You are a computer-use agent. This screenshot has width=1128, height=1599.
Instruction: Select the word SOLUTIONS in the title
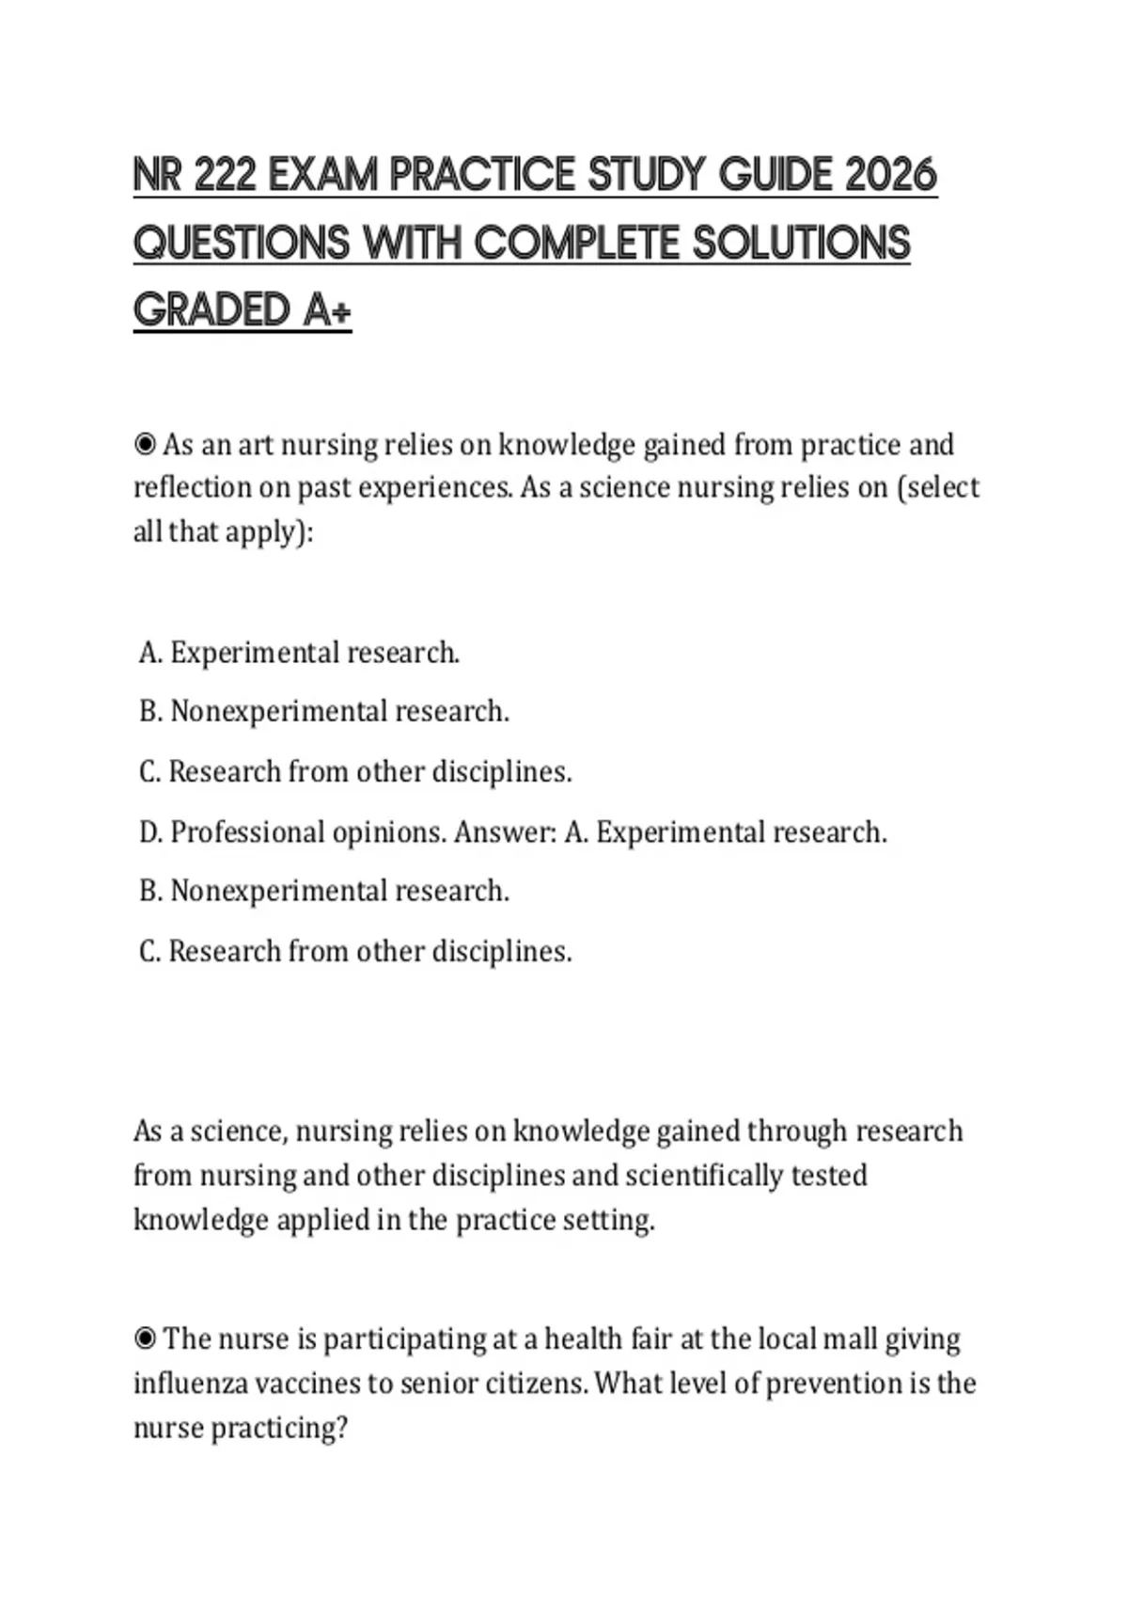pyautogui.click(x=801, y=243)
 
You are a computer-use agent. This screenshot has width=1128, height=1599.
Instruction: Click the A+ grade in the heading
pyautogui.click(x=327, y=310)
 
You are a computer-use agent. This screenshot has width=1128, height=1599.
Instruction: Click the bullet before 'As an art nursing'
pyautogui.click(x=145, y=444)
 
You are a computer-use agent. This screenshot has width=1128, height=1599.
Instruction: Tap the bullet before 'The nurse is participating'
pyautogui.click(x=145, y=1338)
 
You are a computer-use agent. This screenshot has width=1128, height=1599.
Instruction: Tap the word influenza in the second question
pyautogui.click(x=191, y=1384)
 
